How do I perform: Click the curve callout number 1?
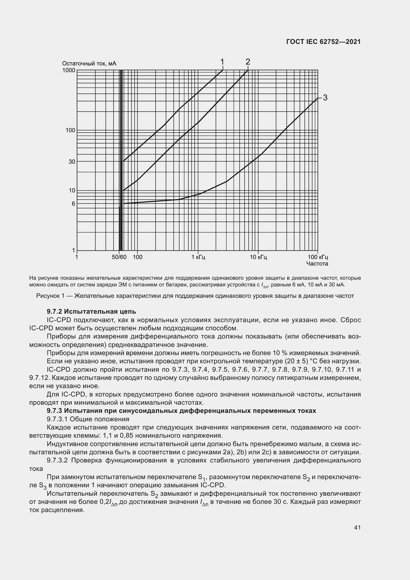[x=222, y=62]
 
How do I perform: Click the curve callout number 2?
[x=248, y=62]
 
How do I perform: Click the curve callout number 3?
[x=325, y=97]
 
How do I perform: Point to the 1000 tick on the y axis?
[x=69, y=70]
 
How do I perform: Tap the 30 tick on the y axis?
[x=72, y=162]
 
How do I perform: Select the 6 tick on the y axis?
[x=73, y=204]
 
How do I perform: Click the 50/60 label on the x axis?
[x=119, y=257]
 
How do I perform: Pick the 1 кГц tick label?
[x=198, y=257]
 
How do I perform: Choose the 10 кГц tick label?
[x=258, y=257]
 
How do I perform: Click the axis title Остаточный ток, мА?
[x=89, y=63]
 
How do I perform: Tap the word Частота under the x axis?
[x=317, y=264]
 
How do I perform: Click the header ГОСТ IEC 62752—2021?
[x=323, y=42]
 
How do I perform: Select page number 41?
[x=357, y=527]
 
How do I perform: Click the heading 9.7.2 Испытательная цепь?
[x=91, y=311]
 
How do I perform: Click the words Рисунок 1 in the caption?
[x=50, y=296]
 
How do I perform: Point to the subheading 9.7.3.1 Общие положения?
[x=88, y=419]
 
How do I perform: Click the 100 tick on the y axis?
[x=70, y=130]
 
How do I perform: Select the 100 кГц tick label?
[x=318, y=257]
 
